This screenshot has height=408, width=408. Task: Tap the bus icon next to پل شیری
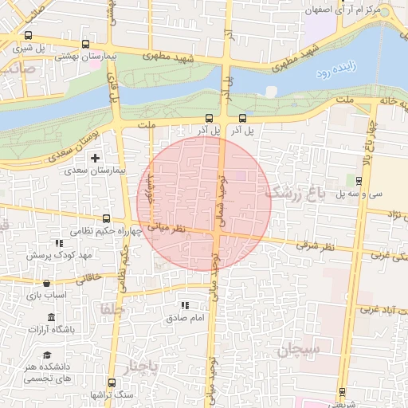coord(29,35)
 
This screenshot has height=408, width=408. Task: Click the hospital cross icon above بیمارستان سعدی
coord(96,159)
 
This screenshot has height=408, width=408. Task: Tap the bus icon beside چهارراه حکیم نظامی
coord(106,218)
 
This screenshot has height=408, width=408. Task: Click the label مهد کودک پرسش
coord(60,256)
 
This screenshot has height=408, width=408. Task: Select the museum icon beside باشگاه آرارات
coord(51,317)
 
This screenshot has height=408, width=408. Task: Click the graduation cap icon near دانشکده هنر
coord(47,355)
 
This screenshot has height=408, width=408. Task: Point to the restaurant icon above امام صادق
coord(185,305)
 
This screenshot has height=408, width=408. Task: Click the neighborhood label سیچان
coord(299,350)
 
